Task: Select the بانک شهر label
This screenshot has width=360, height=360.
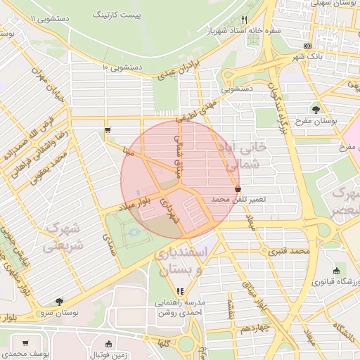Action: [x=307, y=56]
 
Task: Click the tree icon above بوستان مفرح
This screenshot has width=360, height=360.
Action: [x=316, y=110]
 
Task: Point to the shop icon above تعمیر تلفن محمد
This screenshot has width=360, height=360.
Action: [x=238, y=189]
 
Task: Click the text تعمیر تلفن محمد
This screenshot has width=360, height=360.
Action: [x=238, y=200]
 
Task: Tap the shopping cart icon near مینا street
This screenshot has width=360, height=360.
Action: [x=107, y=130]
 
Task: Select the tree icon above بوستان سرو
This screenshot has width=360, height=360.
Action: [x=58, y=301]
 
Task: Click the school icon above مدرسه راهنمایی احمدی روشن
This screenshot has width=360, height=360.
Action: [x=180, y=290]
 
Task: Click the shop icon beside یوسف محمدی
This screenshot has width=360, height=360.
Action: [x=25, y=344]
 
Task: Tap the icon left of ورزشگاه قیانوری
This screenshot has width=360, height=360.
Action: [x=335, y=271]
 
